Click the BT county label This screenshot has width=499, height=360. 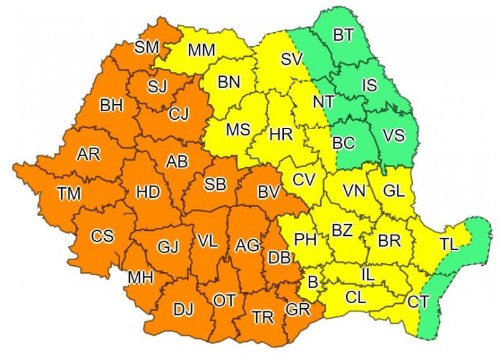coord(342,36)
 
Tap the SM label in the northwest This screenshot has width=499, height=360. coord(147,46)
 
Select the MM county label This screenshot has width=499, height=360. coord(201,48)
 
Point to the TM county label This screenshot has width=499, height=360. coord(69,194)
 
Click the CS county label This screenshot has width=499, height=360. coord(102,236)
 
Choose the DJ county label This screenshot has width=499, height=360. coord(183,309)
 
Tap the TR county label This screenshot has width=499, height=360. coord(263,318)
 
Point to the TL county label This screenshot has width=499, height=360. coord(448,245)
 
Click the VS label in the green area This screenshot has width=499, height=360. coord(393,135)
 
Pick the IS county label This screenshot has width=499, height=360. coord(369,85)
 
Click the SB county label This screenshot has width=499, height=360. coord(216,185)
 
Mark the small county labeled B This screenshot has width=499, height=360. coord(313,283)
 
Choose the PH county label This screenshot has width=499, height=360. coord(305,239)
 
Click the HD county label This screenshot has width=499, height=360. coord(148,193)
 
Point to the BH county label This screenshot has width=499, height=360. coord(112,106)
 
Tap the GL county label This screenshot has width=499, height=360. coord(394,191)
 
